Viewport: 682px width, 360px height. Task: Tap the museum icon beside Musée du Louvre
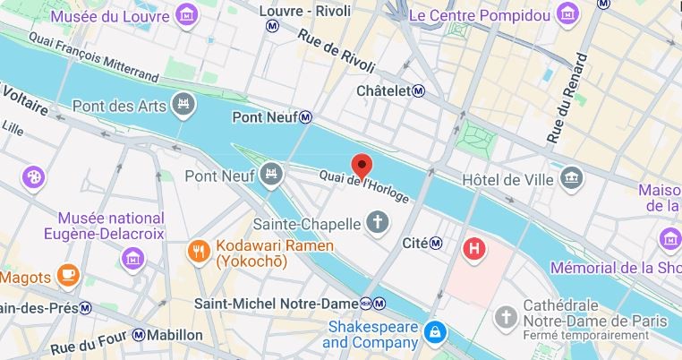coord(186,14)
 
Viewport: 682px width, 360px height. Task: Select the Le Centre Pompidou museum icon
coord(567,14)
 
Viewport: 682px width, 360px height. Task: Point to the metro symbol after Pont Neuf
coord(305,117)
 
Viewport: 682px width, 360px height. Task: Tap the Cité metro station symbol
coord(435,243)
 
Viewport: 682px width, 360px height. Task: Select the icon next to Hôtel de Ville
coord(570,179)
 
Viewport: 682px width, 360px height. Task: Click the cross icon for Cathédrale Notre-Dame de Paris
coord(507,316)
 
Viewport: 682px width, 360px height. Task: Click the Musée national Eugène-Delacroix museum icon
coord(132,259)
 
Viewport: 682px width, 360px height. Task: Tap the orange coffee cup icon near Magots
coord(67,275)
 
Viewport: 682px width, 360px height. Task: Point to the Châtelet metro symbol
coord(419,91)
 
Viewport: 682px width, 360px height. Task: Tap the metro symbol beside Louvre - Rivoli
coord(272,26)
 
